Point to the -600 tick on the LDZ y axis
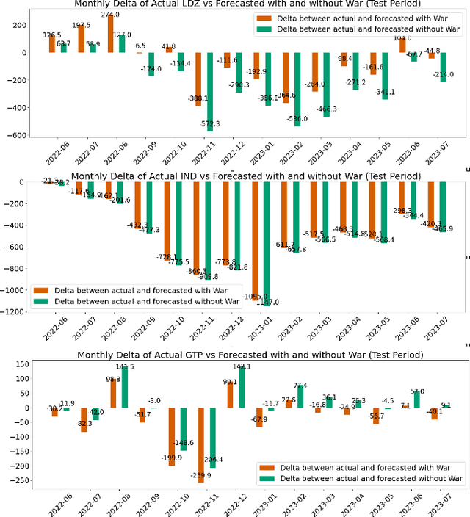point(15,135)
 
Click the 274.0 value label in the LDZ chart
point(110,14)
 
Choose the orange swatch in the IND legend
point(42,289)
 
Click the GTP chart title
point(250,355)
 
